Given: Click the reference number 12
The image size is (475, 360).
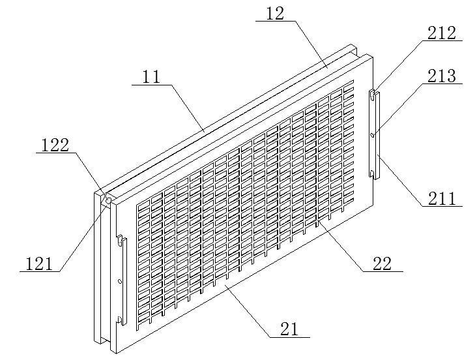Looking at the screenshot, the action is click(275, 14).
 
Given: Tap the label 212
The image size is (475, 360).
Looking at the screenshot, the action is click(441, 33).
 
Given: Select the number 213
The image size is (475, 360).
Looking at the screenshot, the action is click(441, 76).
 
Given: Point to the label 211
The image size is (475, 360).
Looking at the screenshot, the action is click(442, 199).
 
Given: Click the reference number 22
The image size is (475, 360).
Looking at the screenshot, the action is click(382, 263).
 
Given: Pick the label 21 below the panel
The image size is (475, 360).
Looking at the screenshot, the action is click(289, 329).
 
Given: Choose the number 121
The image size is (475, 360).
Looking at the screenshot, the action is click(39, 263).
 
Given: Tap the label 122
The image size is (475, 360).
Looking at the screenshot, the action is click(55, 145).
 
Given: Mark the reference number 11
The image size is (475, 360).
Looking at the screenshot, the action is click(151, 77).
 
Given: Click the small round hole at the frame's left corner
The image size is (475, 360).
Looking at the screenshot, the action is click(108, 200).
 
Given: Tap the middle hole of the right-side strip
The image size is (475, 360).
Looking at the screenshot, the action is click(373, 134).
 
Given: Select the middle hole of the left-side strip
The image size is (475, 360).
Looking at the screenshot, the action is click(120, 282).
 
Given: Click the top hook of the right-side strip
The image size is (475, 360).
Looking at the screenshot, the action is click(371, 95).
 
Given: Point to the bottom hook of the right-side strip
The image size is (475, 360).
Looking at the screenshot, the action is click(372, 173).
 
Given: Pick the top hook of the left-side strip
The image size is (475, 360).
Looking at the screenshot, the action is click(121, 239).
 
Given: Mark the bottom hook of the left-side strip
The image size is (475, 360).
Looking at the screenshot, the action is click(120, 320).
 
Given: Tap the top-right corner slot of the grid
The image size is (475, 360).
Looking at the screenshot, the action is click(349, 83).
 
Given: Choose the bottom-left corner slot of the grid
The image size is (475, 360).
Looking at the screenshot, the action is click(143, 321).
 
